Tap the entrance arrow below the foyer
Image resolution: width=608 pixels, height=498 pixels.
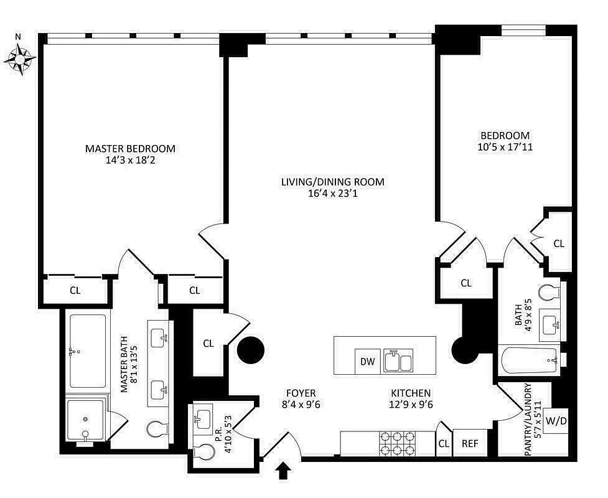pyautogui.click(x=283, y=472)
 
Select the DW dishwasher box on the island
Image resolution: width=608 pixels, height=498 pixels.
pyautogui.click(x=367, y=362)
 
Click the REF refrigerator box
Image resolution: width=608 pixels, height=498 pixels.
pyautogui.click(x=470, y=444)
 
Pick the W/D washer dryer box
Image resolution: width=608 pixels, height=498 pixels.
pyautogui.click(x=556, y=421)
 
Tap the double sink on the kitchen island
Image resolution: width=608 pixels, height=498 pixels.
pyautogui.click(x=398, y=360)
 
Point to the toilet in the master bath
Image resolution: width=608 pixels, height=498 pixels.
pyautogui.click(x=156, y=429)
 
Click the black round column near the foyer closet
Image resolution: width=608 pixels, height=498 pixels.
pyautogui.click(x=251, y=352)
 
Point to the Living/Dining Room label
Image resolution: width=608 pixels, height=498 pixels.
pyautogui.click(x=332, y=182)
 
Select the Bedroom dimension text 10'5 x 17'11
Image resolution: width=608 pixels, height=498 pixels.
pyautogui.click(x=505, y=148)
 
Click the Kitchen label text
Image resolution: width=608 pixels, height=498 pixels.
pyautogui.click(x=411, y=393)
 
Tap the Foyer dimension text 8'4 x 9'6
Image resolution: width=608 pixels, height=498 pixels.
pyautogui.click(x=301, y=404)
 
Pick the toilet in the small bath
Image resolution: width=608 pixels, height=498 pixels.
pyautogui.click(x=548, y=293)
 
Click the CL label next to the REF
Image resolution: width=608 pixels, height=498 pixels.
pyautogui.click(x=443, y=444)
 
